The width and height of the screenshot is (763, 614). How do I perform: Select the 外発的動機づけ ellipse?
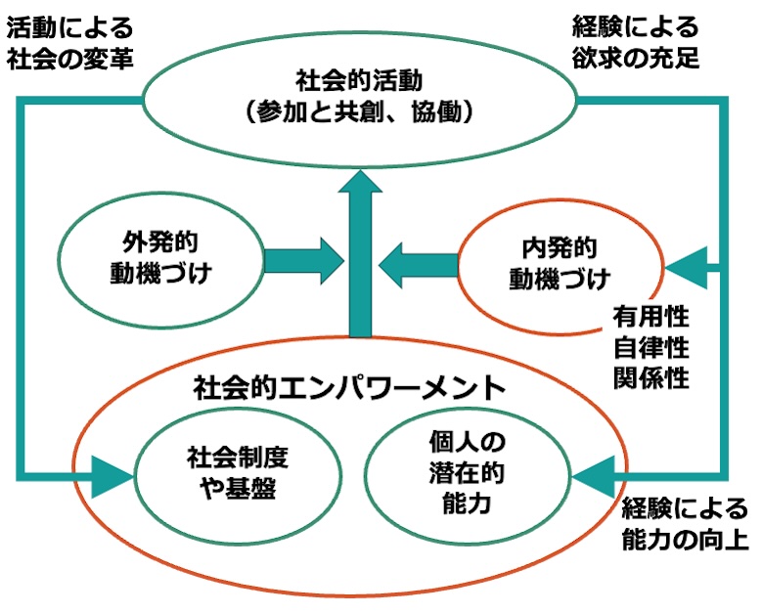[161, 258]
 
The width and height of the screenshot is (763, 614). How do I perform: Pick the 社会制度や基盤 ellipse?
[230, 473]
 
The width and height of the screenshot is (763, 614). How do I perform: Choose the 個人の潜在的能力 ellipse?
[466, 473]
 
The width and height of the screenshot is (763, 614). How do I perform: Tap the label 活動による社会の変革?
[68, 40]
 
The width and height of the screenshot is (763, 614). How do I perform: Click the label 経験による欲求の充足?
[637, 40]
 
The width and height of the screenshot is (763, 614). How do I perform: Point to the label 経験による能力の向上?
[685, 523]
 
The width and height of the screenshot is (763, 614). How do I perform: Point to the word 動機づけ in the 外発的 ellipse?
[161, 274]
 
